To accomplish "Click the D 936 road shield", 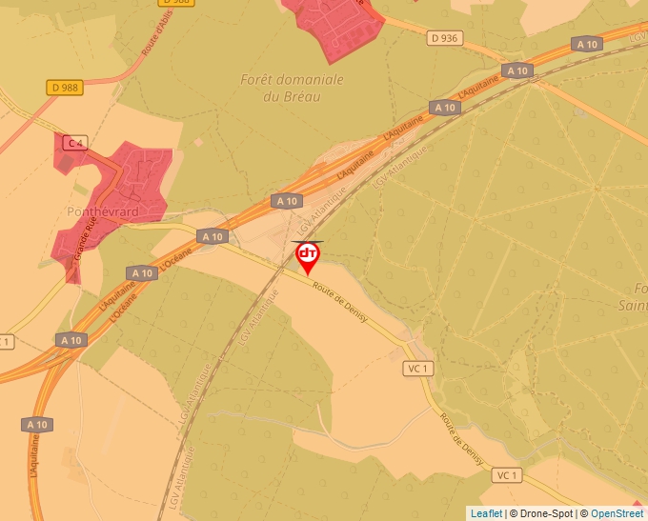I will [x=443, y=38].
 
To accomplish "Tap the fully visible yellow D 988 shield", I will [x=64, y=88].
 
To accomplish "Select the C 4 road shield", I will [x=74, y=143].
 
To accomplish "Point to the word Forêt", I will [x=262, y=80].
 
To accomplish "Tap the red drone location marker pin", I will [x=308, y=256].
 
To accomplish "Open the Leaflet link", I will [x=486, y=513].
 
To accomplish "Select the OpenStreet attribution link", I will [x=617, y=513].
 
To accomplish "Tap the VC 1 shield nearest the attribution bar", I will [x=505, y=474].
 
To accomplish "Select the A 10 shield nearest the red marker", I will [x=285, y=201].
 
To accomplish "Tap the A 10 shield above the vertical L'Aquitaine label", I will [x=37, y=424].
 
